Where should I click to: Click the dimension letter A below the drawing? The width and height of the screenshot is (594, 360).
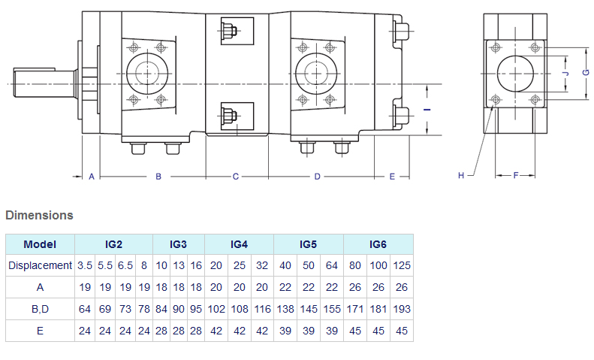coord(92,177)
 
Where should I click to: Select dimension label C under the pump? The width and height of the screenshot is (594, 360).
coord(236,177)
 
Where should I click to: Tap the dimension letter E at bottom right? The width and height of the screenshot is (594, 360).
coord(392,177)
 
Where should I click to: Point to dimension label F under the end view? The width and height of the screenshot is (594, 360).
coord(516,175)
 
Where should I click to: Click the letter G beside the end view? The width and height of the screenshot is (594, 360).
coord(586,72)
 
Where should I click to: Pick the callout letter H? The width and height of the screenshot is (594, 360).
coord(461,175)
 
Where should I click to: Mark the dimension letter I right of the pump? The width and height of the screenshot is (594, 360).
coord(427,110)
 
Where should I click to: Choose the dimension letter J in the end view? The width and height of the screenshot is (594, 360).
coord(566,73)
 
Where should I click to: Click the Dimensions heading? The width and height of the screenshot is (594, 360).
coord(39,215)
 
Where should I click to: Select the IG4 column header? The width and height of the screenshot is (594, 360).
coord(239,244)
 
